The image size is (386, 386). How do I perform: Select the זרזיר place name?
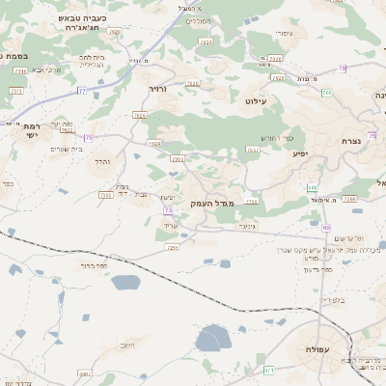157,89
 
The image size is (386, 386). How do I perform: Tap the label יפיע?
299,153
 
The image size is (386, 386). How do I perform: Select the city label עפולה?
318,348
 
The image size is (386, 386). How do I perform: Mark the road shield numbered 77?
82,91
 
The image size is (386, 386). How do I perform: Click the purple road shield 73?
169,209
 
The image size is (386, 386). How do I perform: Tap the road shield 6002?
177,158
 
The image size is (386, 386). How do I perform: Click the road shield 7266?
349,198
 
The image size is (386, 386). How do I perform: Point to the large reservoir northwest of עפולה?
213,339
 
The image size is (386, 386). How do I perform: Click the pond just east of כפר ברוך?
125,283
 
